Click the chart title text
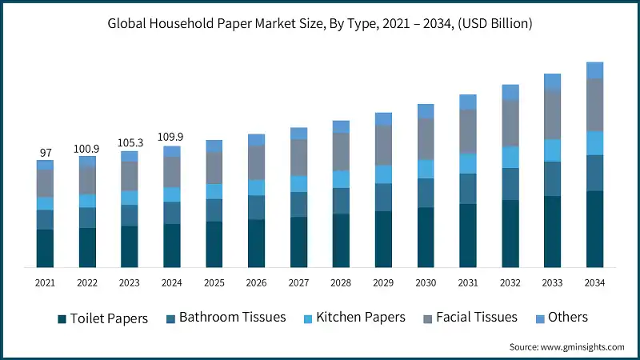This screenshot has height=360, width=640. point(320,23)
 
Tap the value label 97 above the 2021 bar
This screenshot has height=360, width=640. point(45,152)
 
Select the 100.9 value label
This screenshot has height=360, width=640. point(87,149)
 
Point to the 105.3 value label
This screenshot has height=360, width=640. point(130,143)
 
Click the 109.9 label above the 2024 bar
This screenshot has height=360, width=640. point(172,138)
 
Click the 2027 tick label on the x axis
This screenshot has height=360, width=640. point(298,283)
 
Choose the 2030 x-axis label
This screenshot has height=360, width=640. point(426,283)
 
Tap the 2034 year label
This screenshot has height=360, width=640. point(594,283)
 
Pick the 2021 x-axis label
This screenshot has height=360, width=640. point(45,283)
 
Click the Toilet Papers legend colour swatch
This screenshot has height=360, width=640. point(62,318)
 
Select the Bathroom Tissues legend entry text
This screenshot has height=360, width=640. point(232,318)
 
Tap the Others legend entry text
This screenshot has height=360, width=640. point(568,318)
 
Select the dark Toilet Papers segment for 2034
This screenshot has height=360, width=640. point(594,228)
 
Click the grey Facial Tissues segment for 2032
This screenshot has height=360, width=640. point(510,122)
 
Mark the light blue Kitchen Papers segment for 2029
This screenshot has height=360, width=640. point(383,174)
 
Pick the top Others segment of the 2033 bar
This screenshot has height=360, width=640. point(553,82)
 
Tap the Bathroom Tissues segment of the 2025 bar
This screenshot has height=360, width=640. point(214,210)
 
